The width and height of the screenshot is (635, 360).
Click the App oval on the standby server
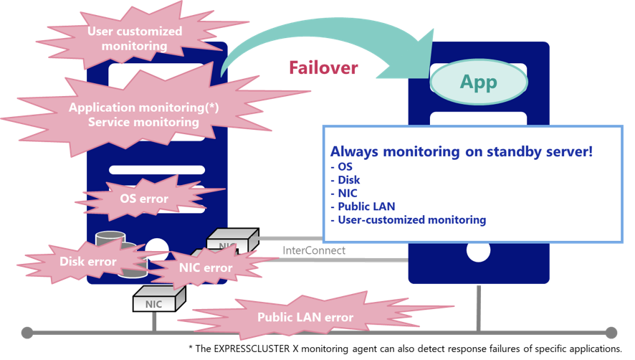point(478,82)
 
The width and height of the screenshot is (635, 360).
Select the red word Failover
point(323,68)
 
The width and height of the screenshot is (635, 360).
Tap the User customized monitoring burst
point(135,39)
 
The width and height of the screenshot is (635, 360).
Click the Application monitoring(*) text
point(143,108)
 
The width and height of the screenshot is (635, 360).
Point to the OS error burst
point(143,199)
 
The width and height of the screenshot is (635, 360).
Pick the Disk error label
point(87,262)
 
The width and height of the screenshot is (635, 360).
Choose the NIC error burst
point(206,268)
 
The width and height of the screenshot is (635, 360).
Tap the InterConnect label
point(314,251)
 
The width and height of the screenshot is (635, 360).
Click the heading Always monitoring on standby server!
point(461,153)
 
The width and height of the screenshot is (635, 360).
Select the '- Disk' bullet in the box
point(345,181)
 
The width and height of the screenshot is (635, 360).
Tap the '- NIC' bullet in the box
point(344,194)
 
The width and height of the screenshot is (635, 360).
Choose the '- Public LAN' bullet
point(363,207)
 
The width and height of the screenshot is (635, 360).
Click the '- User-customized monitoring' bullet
point(408,219)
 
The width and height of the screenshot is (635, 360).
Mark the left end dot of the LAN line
point(27,333)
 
